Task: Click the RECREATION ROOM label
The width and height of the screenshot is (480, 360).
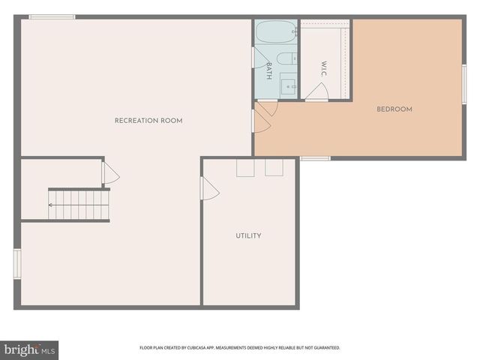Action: click(x=148, y=121)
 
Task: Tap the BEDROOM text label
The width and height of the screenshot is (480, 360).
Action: click(x=394, y=109)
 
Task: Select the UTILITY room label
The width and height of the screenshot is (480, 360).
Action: click(x=248, y=235)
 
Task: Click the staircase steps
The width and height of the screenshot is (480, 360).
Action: click(x=79, y=205)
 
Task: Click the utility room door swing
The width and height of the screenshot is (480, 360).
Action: click(x=209, y=188)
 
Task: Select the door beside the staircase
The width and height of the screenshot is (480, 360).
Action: click(x=110, y=174)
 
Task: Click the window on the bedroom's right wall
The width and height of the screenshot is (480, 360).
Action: click(x=464, y=84)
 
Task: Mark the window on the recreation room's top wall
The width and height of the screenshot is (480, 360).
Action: click(x=52, y=16)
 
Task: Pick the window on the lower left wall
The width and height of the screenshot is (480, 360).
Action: click(x=16, y=263)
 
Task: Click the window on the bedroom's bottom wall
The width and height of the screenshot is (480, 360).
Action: click(x=315, y=158)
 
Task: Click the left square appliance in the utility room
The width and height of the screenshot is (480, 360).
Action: click(x=245, y=168)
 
